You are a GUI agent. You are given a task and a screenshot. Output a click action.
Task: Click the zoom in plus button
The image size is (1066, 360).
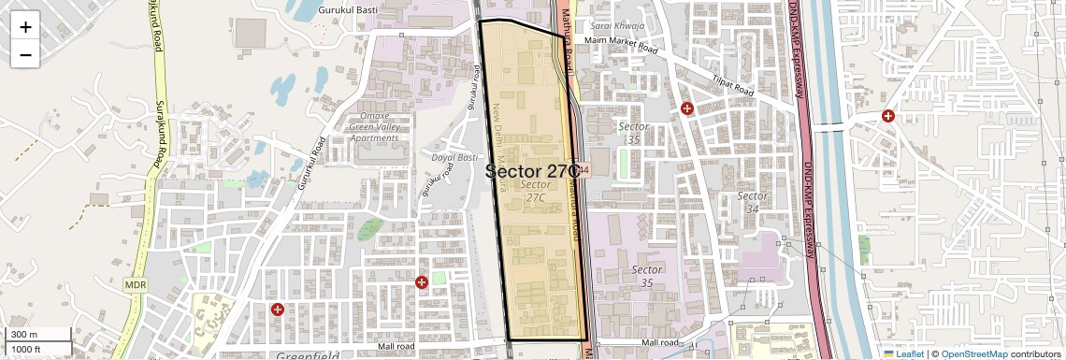pyautogui.click(x=25, y=26)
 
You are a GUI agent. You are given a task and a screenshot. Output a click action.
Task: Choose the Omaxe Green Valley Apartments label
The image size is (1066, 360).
pyautogui.click(x=373, y=127)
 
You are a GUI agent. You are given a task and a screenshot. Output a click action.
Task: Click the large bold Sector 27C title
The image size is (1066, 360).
pyautogui.click(x=533, y=171)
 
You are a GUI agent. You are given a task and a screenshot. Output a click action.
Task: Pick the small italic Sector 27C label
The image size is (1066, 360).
pyautogui.click(x=535, y=191)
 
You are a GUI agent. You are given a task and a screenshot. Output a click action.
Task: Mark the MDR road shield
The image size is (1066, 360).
pyautogui.click(x=136, y=282)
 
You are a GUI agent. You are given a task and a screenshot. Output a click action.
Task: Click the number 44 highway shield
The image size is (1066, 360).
pyautogui.click(x=583, y=170)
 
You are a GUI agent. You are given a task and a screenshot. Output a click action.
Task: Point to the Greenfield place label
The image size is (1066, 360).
pyautogui.click(x=308, y=355)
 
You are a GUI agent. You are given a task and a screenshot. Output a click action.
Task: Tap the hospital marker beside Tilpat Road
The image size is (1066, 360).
pyautogui.click(x=687, y=108)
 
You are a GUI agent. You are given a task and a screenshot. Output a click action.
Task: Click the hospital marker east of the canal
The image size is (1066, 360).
pyautogui.click(x=887, y=116)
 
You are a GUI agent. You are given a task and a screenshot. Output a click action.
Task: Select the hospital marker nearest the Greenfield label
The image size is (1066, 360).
pyautogui.click(x=277, y=309)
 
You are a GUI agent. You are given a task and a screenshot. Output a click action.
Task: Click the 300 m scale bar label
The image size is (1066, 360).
pyautogui.click(x=24, y=335)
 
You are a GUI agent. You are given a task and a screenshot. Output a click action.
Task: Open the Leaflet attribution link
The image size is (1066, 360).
pyautogui.click(x=904, y=353)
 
